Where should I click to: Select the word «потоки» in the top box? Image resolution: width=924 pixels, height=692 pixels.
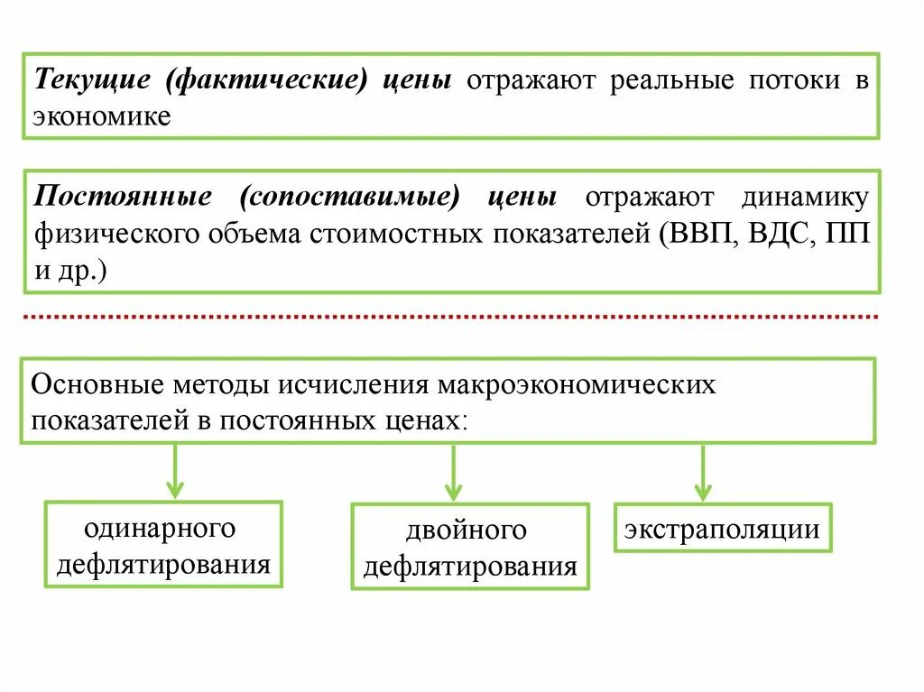(791, 81)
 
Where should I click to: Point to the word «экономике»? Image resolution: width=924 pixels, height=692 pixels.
(102, 116)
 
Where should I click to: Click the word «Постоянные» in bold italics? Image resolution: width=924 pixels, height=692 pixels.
(124, 198)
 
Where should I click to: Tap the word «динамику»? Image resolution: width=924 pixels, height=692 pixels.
(806, 198)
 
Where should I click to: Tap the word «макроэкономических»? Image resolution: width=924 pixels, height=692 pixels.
(577, 385)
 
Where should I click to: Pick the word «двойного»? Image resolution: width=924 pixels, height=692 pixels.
(466, 531)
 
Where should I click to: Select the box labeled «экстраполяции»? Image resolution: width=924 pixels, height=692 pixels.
(723, 528)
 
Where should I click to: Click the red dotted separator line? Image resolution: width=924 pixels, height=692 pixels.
(451, 318)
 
